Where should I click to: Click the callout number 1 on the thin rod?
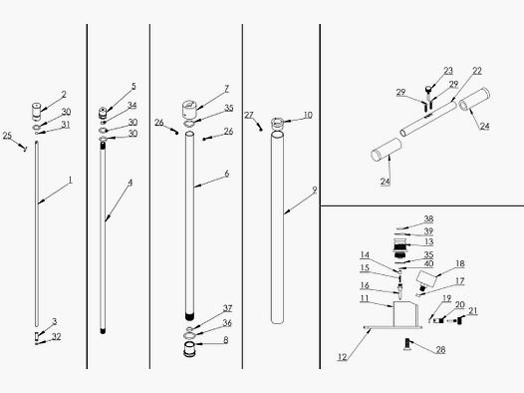71,183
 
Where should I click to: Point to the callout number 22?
477,72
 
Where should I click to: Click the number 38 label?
428,218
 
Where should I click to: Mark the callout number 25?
7,135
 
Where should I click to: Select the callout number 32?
57,337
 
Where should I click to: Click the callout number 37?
227,308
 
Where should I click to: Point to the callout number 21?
473,311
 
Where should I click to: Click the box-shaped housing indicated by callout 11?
403,315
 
